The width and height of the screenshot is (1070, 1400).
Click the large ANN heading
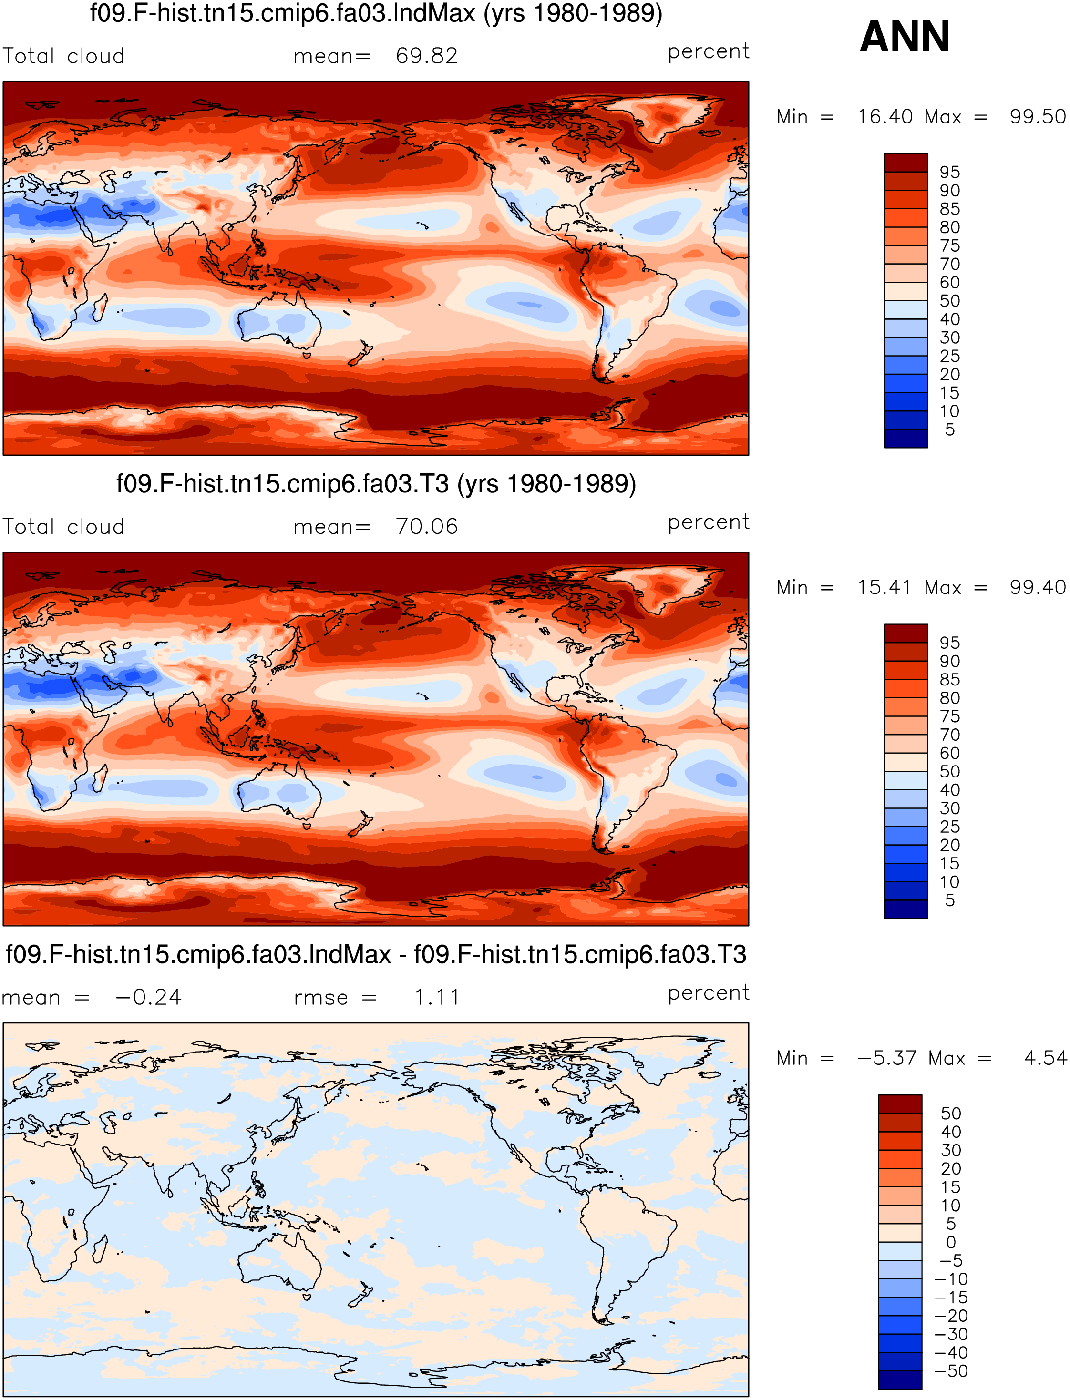(905, 36)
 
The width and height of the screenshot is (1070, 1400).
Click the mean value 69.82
(427, 56)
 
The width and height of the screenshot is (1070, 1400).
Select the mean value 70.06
(427, 527)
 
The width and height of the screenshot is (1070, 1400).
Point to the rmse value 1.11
(437, 997)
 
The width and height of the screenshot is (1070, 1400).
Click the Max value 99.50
(1038, 116)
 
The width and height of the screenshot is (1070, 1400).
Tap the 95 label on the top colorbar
(950, 172)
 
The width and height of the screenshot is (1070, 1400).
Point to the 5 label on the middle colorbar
(950, 900)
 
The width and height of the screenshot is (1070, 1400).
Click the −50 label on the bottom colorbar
(951, 1371)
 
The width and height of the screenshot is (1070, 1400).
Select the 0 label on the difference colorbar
(951, 1242)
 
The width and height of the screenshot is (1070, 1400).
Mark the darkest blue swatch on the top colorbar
(905, 439)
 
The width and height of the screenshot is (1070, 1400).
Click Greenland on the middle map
(662, 586)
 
